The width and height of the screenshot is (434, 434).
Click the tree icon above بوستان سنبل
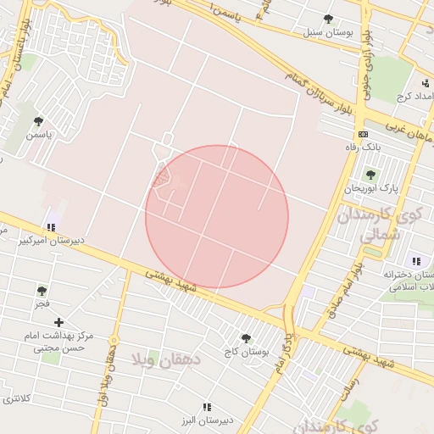tap(328, 19)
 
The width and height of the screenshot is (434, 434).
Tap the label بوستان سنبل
tap(327, 33)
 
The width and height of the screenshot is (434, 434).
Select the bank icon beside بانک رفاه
tap(363, 134)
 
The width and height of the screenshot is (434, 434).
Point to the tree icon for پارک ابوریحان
tap(370, 174)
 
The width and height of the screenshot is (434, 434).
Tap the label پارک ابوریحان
tap(370, 187)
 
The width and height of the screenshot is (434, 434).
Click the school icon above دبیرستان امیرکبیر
tap(51, 226)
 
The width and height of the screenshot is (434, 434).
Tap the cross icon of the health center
tap(58, 322)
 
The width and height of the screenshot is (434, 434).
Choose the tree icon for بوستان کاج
tap(246, 338)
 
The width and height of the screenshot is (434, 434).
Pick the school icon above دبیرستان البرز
tap(207, 407)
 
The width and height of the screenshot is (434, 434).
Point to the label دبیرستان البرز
tap(200, 420)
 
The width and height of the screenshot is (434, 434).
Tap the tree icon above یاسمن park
tap(37, 120)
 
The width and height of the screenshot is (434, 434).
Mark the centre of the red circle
tap(217, 217)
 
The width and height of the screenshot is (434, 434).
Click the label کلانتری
tap(16, 397)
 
